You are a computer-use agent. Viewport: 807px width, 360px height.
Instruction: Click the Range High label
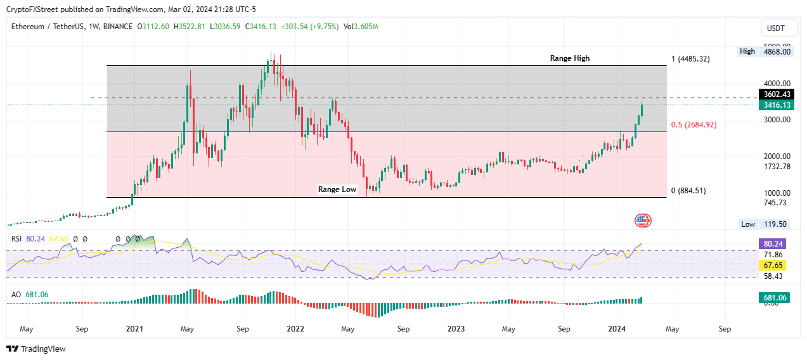pos(569,58)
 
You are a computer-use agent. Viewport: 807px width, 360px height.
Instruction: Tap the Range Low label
pos(337,189)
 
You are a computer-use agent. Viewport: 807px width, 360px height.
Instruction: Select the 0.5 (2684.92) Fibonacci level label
pos(694,125)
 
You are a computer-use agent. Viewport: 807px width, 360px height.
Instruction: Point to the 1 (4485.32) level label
pos(690,59)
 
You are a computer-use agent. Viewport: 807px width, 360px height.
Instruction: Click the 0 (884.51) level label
pos(688,191)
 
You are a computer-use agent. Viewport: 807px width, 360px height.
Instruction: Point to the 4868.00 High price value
pos(778,52)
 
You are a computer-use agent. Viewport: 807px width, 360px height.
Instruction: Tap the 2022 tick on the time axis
pos(295,330)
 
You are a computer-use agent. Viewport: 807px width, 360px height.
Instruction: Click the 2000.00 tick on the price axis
pos(777,157)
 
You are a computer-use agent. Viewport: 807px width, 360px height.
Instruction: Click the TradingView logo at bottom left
pos(36,349)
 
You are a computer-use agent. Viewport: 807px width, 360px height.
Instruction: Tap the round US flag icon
pos(643,221)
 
